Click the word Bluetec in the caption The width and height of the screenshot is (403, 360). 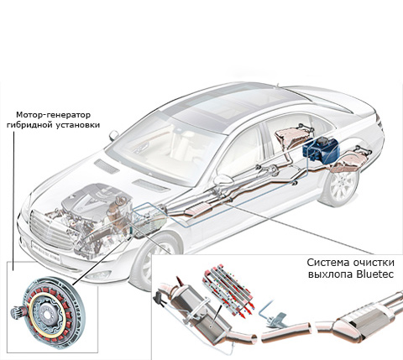click(375, 274)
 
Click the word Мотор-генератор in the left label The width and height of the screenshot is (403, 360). click(53, 115)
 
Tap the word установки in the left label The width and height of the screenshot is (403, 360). click(78, 125)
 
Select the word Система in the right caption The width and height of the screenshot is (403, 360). click(326, 263)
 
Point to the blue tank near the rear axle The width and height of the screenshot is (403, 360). click(321, 150)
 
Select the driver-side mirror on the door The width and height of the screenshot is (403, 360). click(223, 180)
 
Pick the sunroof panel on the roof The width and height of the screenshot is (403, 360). click(224, 108)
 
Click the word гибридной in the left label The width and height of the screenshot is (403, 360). click(30, 125)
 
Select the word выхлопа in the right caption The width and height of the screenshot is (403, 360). click(331, 274)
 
